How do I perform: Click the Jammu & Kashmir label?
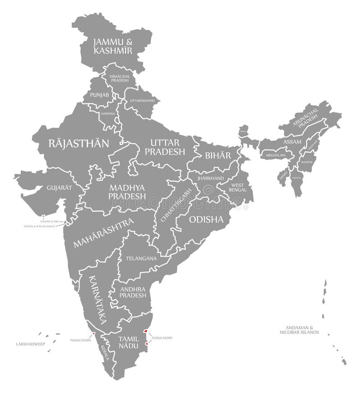click(113, 46)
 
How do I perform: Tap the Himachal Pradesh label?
click(120, 78)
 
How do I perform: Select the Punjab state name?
click(99, 95)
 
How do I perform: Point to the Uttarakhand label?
click(142, 100)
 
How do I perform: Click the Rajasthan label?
click(79, 143)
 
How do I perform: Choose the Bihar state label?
click(218, 156)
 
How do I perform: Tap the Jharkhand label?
click(211, 178)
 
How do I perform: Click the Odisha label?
click(206, 219)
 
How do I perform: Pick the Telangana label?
click(141, 259)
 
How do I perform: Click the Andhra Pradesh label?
click(133, 292)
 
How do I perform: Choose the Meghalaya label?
click(276, 155)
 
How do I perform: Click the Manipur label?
click(307, 161)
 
